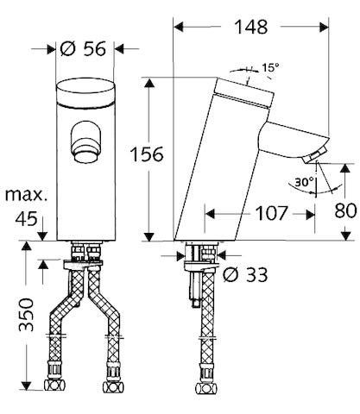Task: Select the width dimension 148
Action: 251,27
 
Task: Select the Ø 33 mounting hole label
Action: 244,275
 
